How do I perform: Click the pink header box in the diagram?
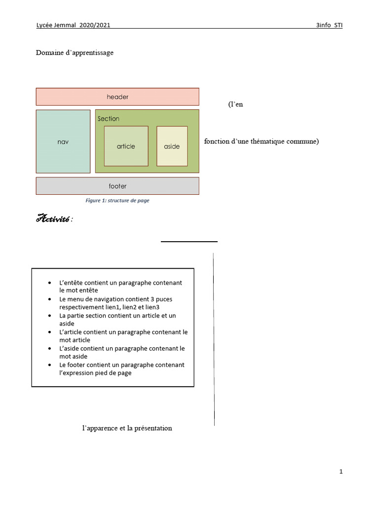[x=117, y=97]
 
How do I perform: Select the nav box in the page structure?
[x=63, y=142]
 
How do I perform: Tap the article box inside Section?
[x=126, y=146]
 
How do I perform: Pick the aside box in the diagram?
[x=172, y=146]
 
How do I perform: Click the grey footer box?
[x=117, y=186]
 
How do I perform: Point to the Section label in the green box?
[x=109, y=119]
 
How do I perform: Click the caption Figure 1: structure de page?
[x=117, y=201]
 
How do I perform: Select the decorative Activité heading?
[x=53, y=219]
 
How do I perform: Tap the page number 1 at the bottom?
[x=341, y=471]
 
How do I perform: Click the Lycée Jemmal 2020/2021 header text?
[x=73, y=25]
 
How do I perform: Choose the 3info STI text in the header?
[x=329, y=25]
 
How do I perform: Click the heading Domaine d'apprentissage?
[x=75, y=53]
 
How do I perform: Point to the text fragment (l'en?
[x=235, y=105]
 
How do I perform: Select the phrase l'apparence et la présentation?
[x=127, y=428]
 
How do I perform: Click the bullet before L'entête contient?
[x=49, y=283]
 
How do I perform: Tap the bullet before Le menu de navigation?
[x=49, y=299]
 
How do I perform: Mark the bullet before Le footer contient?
[x=49, y=365]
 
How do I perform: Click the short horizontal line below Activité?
[x=189, y=242]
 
